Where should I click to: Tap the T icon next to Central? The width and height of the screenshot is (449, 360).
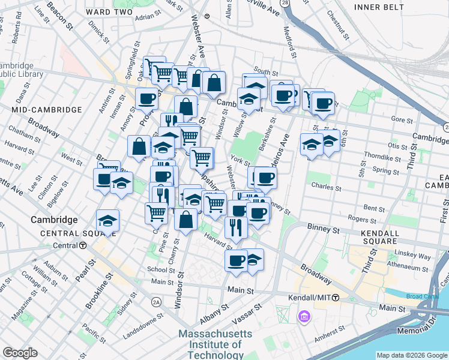pos(82,245)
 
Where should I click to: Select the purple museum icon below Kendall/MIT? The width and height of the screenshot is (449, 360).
pos(304,316)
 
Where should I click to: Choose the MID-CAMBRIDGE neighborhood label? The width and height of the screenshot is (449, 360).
pos(46,110)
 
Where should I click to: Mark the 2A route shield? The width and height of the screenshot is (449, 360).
pos(157,301)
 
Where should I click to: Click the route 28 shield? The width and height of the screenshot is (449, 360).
pos(284,3)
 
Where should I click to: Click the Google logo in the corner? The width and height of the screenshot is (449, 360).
pos(20,353)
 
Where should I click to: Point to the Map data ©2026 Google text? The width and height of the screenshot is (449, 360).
pos(411,355)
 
